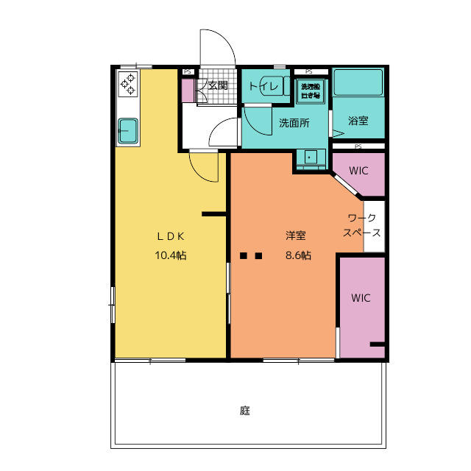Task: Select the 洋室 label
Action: (296, 236)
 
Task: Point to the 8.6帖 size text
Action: (297, 256)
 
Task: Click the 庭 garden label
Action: (245, 411)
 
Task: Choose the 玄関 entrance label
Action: (217, 85)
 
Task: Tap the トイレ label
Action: (263, 87)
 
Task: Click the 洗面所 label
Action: (294, 123)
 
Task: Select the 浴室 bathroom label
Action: (358, 121)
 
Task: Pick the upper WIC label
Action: (358, 170)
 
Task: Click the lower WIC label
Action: (361, 298)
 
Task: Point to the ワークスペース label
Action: (362, 226)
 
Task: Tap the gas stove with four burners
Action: (128, 84)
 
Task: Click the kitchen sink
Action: (128, 131)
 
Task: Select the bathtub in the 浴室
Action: (358, 83)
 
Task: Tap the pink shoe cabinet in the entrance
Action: (188, 91)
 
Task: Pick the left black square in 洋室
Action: (244, 257)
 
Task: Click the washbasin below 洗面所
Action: (312, 157)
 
